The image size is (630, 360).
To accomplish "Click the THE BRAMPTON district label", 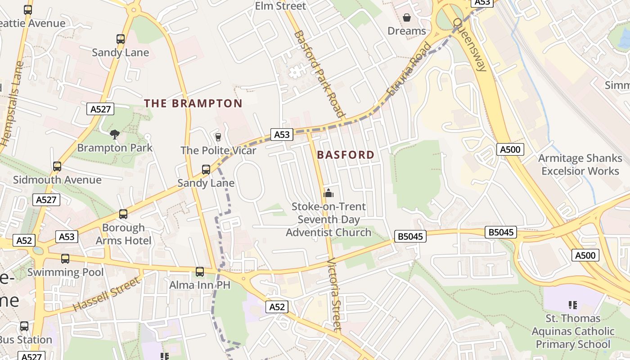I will click(193, 103).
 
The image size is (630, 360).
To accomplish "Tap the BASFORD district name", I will click(346, 155).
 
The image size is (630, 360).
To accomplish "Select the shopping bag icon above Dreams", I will click(407, 18).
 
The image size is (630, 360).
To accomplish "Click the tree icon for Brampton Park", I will click(115, 134).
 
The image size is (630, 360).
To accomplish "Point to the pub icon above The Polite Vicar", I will click(218, 137).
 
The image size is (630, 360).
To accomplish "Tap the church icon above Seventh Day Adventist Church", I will click(328, 193).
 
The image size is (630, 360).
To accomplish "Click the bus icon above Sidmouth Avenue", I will click(57, 166).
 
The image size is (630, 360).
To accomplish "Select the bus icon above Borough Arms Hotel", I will click(123, 214).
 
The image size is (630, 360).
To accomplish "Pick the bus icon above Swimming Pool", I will click(65, 259).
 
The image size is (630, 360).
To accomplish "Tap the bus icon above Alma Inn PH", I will click(200, 272).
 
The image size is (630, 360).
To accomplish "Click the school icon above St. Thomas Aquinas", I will click(573, 305).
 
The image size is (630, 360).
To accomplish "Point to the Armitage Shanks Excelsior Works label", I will click(580, 165).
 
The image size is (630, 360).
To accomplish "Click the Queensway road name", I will click(471, 45).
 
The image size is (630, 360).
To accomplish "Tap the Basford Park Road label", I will click(319, 74).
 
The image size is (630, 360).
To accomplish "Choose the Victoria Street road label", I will click(334, 294).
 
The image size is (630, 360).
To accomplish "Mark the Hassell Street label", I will click(107, 294).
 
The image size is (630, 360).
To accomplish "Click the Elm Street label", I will click(280, 6).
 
